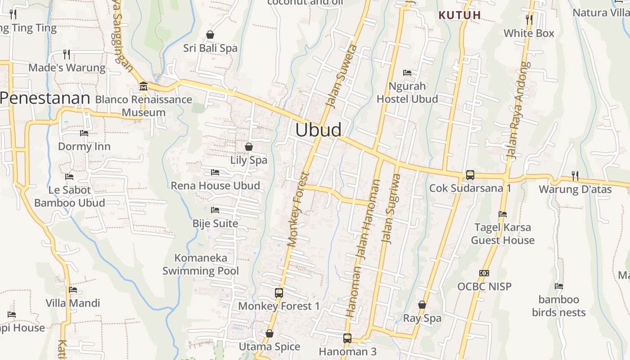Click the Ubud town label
pos(318,130)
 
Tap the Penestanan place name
pos(45,98)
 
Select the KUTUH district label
pos(460,15)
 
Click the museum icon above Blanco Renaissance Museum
pos(144,85)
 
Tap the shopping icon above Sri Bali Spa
pos(210,34)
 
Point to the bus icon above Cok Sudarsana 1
pos(470,175)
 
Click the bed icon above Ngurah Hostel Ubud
pos(407,72)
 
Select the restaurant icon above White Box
pos(529,19)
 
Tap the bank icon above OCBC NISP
pos(484,273)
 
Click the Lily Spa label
pos(249,160)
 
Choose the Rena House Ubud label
pos(215,186)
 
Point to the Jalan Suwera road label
pos(341,76)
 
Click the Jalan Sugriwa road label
pos(391,208)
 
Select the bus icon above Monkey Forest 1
pos(279,292)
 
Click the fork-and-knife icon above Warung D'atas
pos(575,175)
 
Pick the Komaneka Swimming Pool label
pos(201,265)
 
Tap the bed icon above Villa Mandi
pos(73,290)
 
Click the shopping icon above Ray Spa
pos(422,305)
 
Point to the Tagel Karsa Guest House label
pos(503,234)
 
